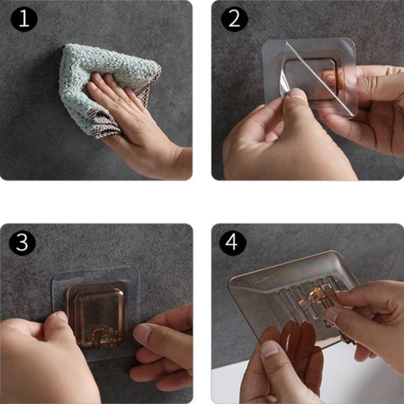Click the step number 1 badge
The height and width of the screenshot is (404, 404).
(24, 19)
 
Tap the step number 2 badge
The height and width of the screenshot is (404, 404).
(234, 19)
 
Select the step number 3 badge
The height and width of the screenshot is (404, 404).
(22, 243)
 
